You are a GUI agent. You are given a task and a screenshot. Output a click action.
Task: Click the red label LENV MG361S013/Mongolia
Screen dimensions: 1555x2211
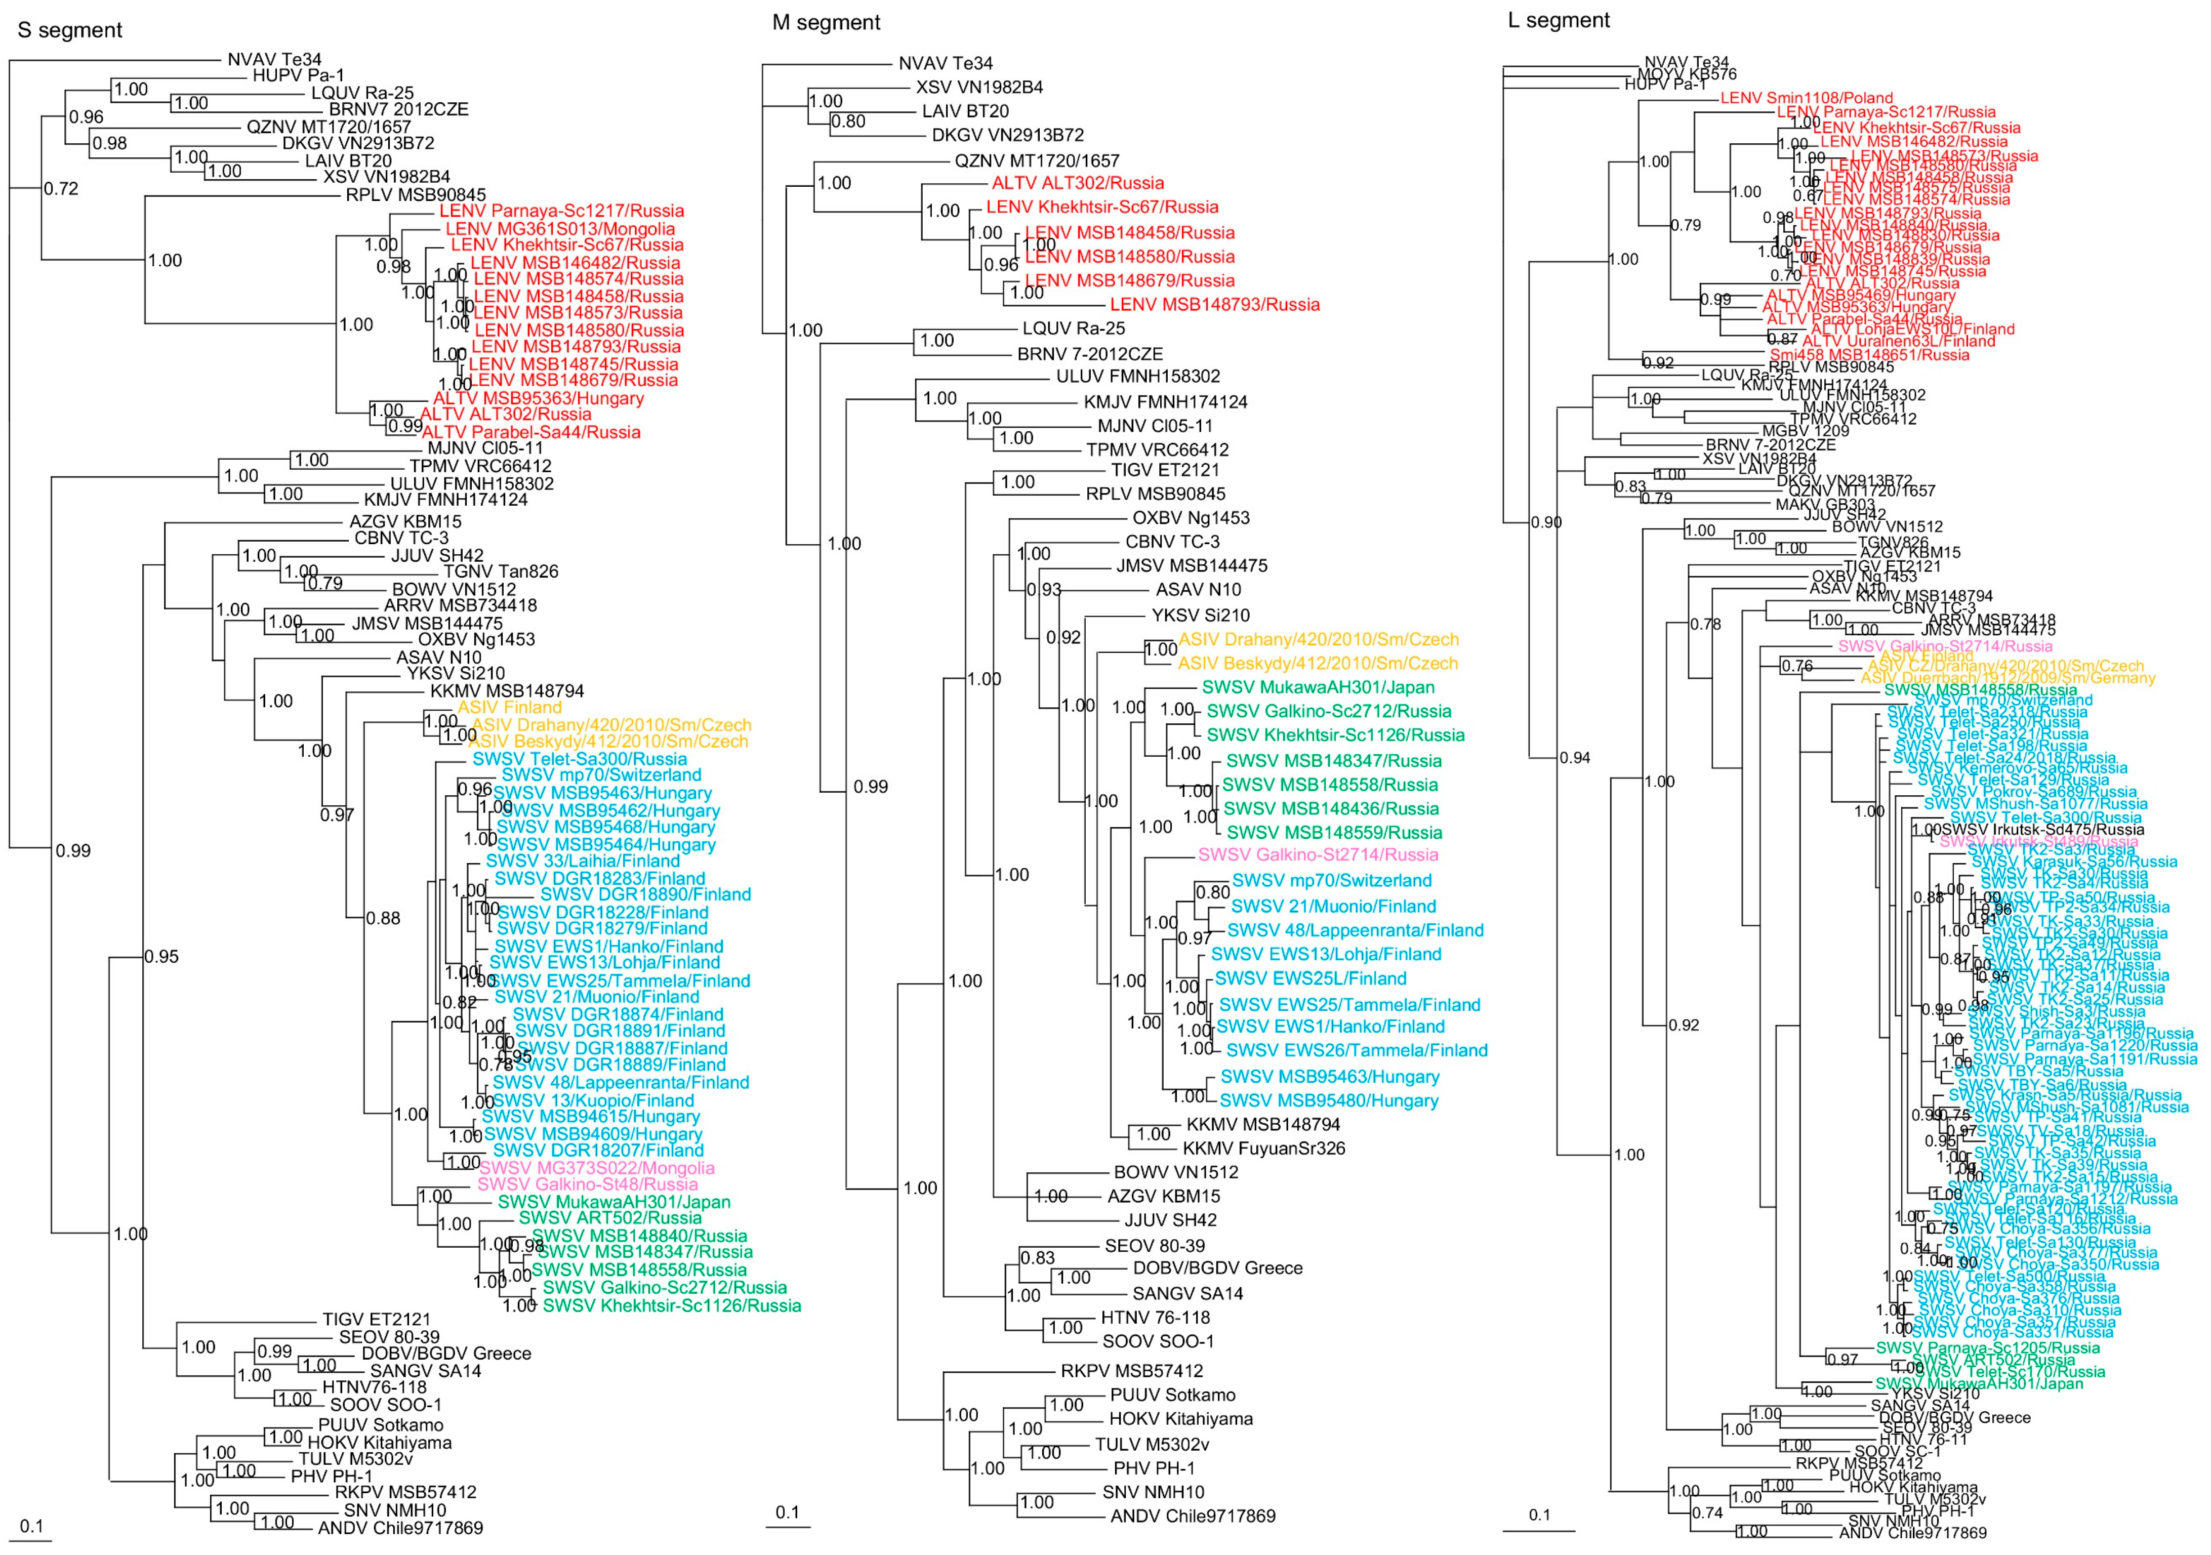tap(559, 228)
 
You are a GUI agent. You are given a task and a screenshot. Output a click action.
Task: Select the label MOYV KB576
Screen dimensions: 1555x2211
tap(1687, 74)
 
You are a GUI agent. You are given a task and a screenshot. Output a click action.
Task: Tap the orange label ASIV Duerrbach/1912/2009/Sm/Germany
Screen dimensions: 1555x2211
tap(2008, 678)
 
